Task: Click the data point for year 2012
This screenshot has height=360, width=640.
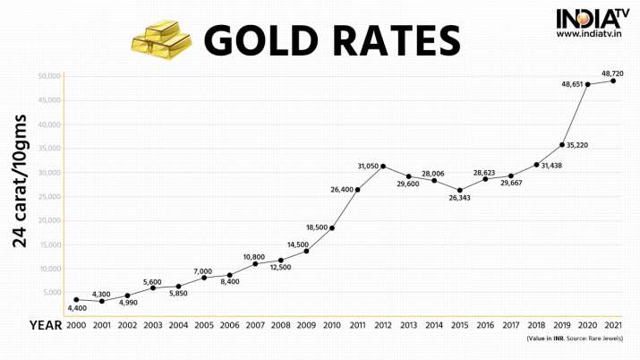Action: pos(383,167)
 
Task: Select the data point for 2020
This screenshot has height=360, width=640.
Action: pos(587,84)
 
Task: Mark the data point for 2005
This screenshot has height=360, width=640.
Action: pos(204,278)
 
